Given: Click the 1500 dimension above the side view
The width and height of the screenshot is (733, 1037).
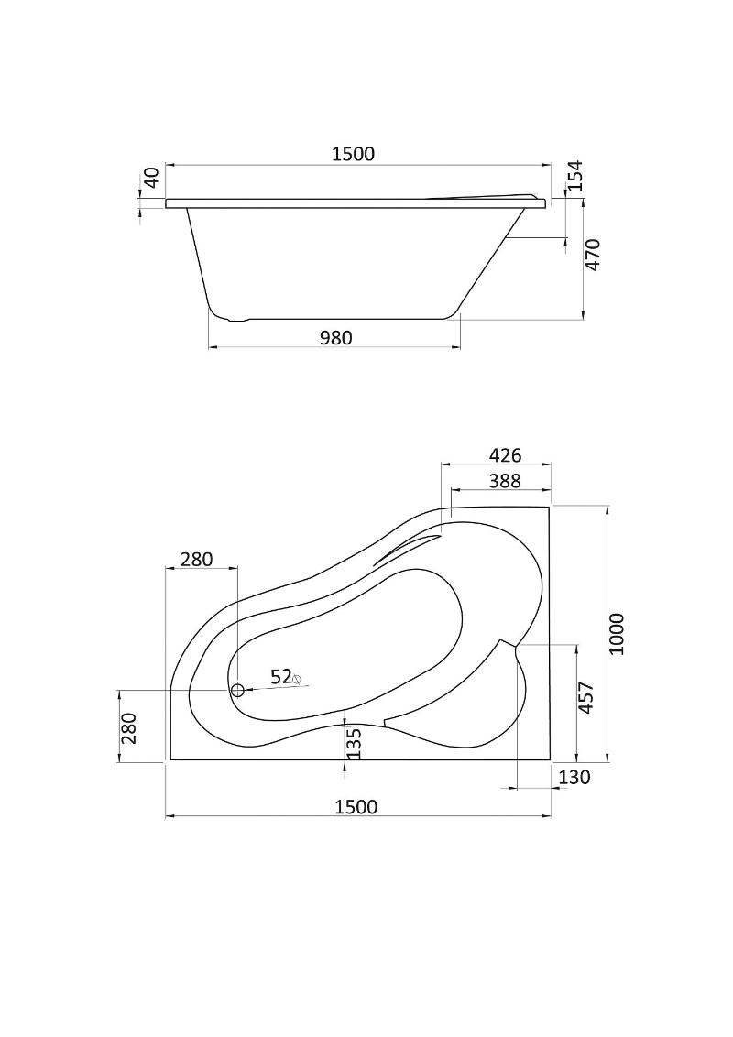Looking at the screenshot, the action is pyautogui.click(x=353, y=154).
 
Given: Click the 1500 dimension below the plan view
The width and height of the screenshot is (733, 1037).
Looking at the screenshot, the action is pyautogui.click(x=356, y=807).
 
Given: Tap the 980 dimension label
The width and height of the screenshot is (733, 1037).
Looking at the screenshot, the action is pyautogui.click(x=336, y=338).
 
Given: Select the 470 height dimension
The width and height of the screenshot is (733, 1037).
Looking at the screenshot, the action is pyautogui.click(x=594, y=254).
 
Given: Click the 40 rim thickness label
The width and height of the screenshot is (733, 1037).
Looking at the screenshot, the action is pyautogui.click(x=151, y=178).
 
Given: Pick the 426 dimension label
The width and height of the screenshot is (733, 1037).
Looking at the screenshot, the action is pyautogui.click(x=506, y=455).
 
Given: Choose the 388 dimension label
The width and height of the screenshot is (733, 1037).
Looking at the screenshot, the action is pyautogui.click(x=505, y=481).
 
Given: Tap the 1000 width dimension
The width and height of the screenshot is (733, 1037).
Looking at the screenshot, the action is pyautogui.click(x=617, y=634).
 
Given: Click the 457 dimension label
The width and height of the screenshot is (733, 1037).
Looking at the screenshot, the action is pyautogui.click(x=586, y=698).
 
